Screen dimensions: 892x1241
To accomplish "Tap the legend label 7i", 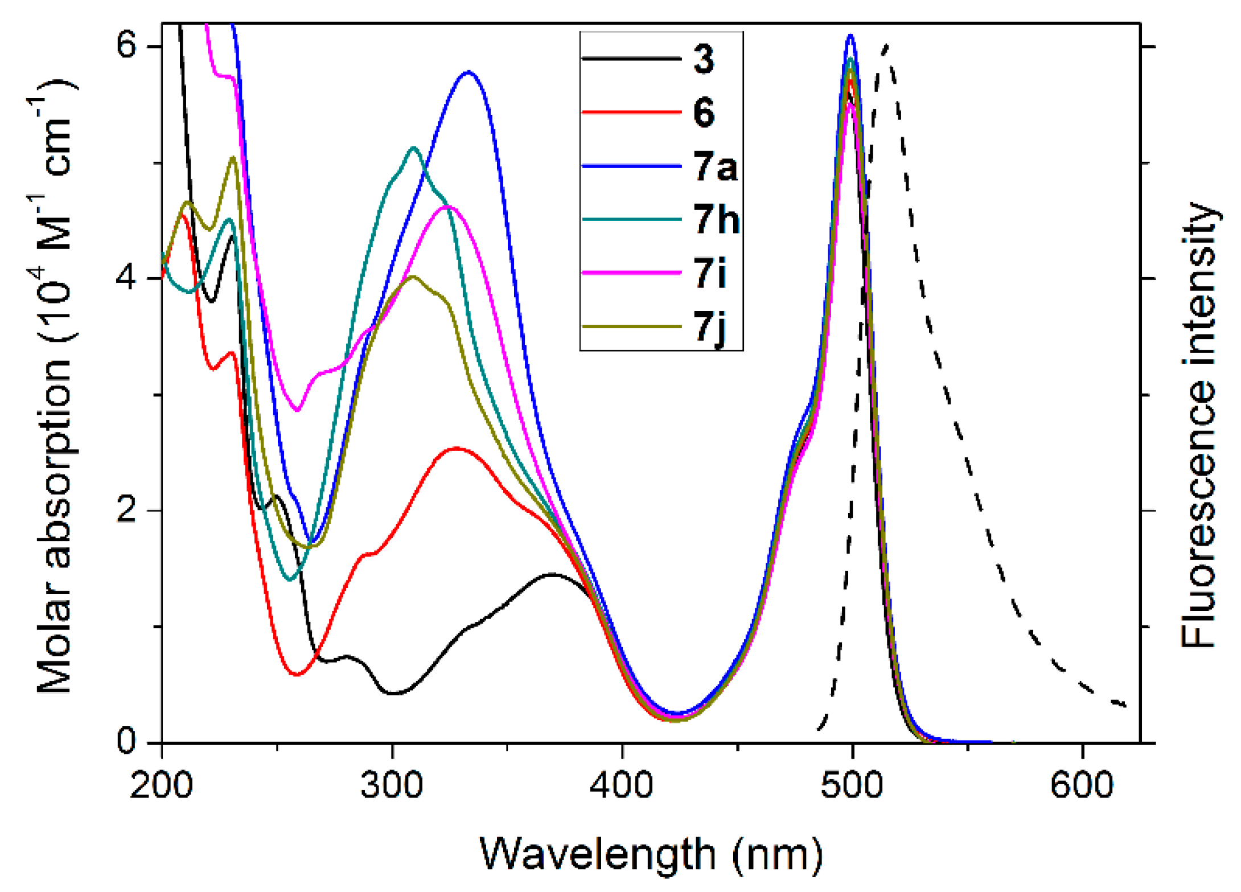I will point(710,273).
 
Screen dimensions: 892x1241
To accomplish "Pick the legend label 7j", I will point(710,328).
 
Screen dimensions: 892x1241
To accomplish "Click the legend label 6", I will point(704,112).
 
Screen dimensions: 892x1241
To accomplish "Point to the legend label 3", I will point(704,59).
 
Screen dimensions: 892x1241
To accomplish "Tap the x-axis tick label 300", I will point(392,784).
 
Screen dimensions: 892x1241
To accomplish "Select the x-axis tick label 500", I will point(852,784).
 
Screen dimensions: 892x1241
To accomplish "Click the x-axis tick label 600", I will point(1082,784).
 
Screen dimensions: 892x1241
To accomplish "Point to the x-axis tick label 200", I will point(162,784).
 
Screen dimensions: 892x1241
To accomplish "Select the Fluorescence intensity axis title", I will point(1199,424).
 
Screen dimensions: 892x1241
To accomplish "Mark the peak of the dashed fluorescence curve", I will point(886,46).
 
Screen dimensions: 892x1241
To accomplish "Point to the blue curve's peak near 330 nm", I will point(468,72).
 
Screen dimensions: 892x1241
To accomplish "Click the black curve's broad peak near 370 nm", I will point(551,574).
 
